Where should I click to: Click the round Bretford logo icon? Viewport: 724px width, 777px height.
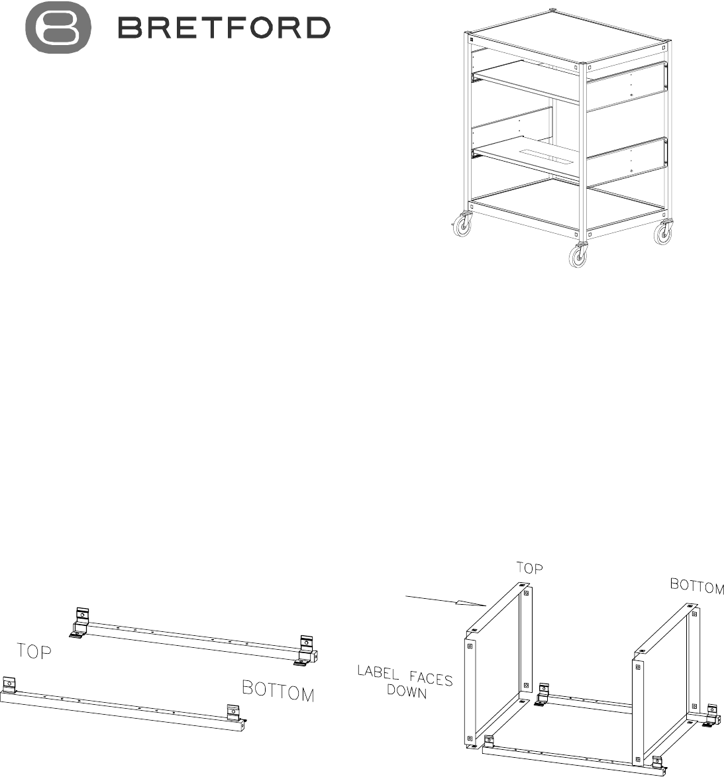[x=58, y=27]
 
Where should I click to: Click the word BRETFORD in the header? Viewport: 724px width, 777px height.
[x=224, y=28]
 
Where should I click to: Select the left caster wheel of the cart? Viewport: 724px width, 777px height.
[x=462, y=225]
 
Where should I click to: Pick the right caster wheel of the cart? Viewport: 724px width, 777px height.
[x=663, y=233]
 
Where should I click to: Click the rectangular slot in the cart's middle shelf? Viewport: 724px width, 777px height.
[x=545, y=154]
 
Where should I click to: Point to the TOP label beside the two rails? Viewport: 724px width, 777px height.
[x=34, y=651]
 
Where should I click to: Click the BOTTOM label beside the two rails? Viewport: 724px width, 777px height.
[x=278, y=692]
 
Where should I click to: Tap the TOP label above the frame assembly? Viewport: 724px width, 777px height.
[x=529, y=568]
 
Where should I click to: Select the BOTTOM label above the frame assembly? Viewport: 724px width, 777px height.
[x=697, y=586]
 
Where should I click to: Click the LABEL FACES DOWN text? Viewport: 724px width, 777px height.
[x=405, y=682]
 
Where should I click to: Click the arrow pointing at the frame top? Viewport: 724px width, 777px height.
[x=446, y=601]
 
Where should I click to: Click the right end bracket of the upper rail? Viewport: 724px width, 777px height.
[x=307, y=650]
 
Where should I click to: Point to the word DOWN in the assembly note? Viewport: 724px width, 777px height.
[x=406, y=691]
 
